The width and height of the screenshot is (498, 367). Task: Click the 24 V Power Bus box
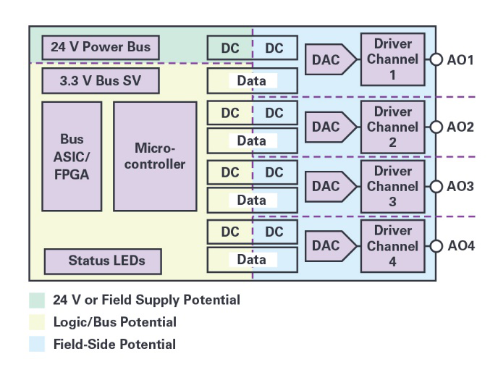(101, 48)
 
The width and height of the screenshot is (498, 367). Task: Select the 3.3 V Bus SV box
(101, 80)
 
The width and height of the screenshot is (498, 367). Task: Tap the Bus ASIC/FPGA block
(72, 156)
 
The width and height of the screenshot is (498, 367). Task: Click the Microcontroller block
(155, 156)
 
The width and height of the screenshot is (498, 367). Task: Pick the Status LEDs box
(102, 261)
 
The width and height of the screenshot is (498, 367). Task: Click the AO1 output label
(460, 60)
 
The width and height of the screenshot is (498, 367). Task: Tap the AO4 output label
(460, 245)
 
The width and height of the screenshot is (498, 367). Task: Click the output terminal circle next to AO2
(436, 127)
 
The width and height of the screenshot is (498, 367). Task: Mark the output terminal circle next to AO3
(436, 186)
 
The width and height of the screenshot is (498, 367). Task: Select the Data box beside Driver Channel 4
(252, 260)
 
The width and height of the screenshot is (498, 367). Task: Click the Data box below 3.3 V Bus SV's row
(252, 140)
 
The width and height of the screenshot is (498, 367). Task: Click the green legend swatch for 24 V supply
(36, 300)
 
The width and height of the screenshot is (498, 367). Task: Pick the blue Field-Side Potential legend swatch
(36, 345)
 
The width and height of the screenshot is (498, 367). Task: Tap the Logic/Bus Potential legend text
(114, 322)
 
